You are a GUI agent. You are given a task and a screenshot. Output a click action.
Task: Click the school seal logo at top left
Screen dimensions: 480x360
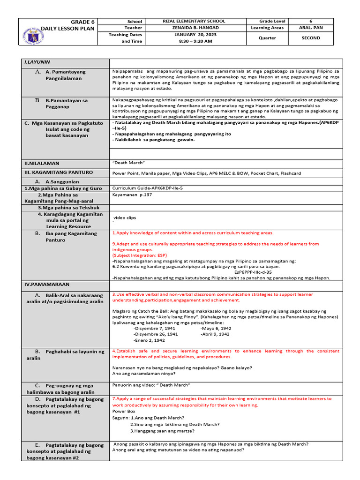pos(36,32)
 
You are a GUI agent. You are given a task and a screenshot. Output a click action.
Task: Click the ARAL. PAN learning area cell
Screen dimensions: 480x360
pos(311,28)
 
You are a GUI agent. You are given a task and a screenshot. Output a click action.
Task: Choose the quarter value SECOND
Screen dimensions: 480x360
pos(311,38)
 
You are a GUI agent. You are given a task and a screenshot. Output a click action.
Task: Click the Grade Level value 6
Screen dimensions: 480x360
pos(311,22)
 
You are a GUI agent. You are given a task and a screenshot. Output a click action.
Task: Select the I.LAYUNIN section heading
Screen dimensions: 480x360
pos(37,62)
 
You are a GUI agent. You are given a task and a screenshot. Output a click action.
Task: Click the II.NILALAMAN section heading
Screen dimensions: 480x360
pos(42,164)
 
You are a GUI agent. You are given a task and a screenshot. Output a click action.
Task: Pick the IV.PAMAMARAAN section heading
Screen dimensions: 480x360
pos(47,285)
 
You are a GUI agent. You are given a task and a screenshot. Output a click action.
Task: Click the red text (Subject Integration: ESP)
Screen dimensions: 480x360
pos(139,255)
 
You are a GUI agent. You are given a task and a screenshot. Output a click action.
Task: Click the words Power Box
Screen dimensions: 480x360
pos(124,411)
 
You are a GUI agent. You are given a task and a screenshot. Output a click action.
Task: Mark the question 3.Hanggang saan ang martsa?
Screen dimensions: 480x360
pos(163,431)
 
